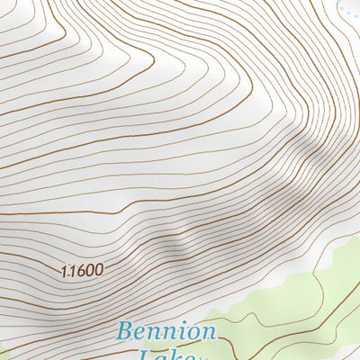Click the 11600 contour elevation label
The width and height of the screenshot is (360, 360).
(82, 269)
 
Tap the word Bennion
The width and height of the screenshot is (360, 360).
(166, 331)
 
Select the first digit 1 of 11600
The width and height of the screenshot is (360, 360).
(66, 269)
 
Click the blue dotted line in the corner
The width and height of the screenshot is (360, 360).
(346, 8)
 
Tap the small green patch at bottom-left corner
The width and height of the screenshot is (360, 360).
(3, 353)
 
